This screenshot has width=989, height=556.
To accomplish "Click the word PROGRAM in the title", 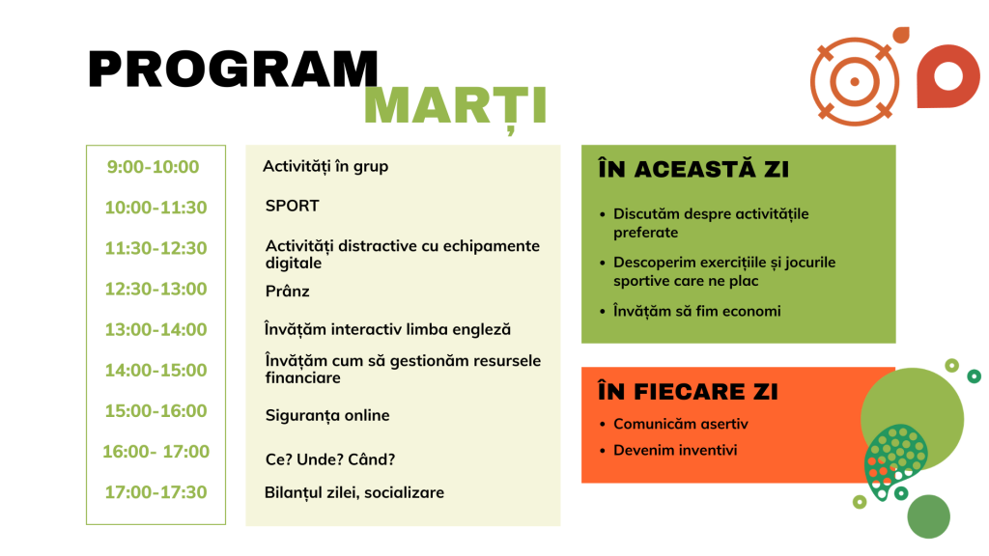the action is tap(233, 69).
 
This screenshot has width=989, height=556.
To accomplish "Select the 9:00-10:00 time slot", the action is tap(153, 167).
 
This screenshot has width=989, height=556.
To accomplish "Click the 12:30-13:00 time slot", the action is tap(155, 289).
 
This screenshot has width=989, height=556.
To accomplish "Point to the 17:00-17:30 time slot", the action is tap(155, 492).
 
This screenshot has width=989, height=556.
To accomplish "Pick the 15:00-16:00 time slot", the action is tap(155, 411).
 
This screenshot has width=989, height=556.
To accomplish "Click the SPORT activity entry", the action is tap(292, 207).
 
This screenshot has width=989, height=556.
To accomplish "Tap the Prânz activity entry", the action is tap(287, 292).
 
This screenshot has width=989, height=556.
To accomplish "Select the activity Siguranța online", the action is tap(327, 416).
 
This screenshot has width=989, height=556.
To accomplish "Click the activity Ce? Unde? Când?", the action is tap(330, 459).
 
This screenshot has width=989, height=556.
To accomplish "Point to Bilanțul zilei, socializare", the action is tap(353, 493).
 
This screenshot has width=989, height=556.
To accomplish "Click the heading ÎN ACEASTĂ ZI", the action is tap(693, 169).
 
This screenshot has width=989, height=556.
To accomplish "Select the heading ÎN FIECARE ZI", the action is tap(688, 392).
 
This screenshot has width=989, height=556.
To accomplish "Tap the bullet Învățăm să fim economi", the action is tap(697, 312).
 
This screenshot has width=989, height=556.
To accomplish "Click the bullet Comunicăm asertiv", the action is tap(681, 424).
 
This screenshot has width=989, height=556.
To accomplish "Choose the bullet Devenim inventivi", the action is tap(675, 450).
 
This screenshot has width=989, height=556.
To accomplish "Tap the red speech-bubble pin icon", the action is tap(948, 76).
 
